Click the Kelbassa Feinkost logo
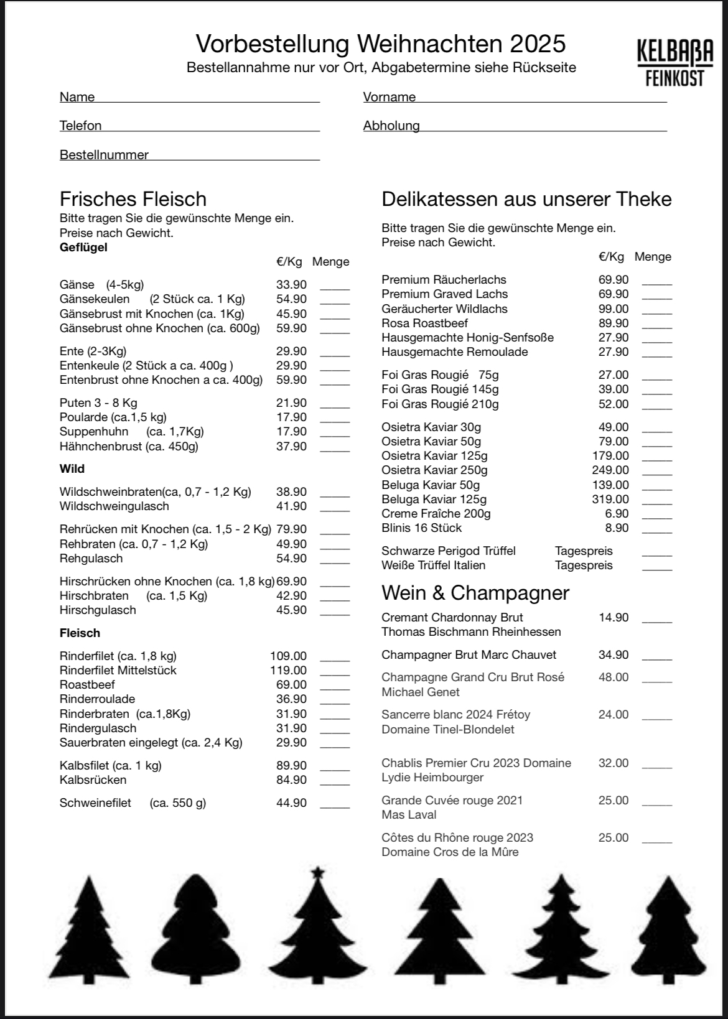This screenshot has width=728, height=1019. point(675,62)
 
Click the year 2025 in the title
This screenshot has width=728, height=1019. point(538,44)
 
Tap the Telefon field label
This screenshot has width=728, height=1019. point(80,126)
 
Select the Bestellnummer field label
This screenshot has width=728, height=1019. point(104,155)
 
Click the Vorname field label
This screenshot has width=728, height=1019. point(390,97)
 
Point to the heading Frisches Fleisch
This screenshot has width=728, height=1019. point(133,199)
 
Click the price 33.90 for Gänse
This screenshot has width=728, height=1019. point(291,285)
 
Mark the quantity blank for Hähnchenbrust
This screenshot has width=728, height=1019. point(335,449)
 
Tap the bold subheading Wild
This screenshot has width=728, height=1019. point(72,469)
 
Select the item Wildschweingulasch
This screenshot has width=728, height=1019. point(114,506)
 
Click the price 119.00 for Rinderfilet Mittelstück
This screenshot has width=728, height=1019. point(288,671)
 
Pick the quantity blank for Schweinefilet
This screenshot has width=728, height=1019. point(335,806)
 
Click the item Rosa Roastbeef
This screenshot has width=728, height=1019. point(424,323)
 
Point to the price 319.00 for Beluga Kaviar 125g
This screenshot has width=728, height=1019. point(610,500)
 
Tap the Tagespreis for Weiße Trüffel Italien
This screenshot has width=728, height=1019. point(584,565)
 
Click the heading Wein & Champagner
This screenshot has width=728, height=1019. point(475,593)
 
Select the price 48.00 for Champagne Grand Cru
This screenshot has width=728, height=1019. point(614,677)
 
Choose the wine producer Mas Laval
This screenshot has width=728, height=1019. point(409,815)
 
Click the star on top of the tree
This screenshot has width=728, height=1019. point(318,872)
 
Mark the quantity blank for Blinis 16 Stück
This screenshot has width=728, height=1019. point(657,531)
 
